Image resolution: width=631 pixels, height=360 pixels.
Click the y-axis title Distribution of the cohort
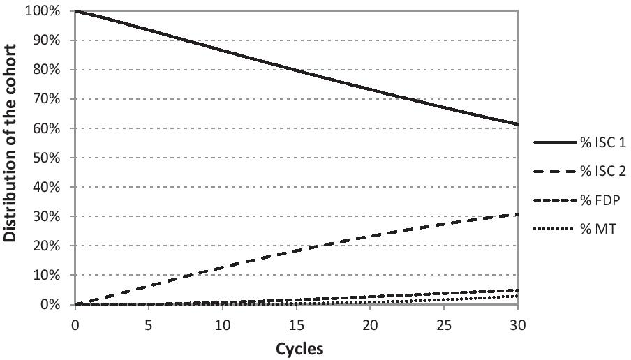[11, 143]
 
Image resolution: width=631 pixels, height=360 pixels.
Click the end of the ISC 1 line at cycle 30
[517, 124]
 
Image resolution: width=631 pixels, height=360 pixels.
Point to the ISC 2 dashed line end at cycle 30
[517, 214]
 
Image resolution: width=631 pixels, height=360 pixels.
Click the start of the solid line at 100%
[75, 11]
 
